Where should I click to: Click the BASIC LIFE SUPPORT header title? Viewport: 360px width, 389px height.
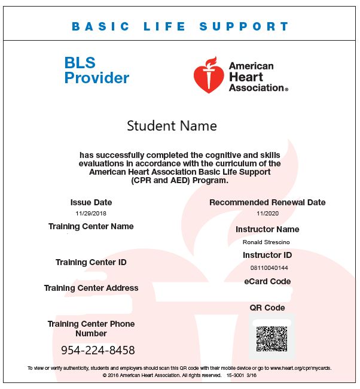pyautogui.click(x=180, y=27)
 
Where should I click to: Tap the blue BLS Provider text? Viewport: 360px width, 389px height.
pyautogui.click(x=96, y=71)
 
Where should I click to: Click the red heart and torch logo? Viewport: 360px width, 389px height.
pyautogui.click(x=208, y=75)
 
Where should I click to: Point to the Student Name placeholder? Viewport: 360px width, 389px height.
pyautogui.click(x=172, y=126)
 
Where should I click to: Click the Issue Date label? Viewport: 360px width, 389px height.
pyautogui.click(x=91, y=202)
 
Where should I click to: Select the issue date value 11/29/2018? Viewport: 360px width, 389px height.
pyautogui.click(x=91, y=213)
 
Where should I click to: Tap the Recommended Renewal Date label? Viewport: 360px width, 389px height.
pyautogui.click(x=267, y=202)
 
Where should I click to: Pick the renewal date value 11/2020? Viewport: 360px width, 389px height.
pyautogui.click(x=267, y=213)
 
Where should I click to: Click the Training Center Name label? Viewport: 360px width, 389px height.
pyautogui.click(x=91, y=226)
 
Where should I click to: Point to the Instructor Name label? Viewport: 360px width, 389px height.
pyautogui.click(x=267, y=229)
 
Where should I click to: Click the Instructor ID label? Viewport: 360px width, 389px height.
pyautogui.click(x=267, y=255)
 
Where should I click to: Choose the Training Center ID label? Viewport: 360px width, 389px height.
pyautogui.click(x=91, y=262)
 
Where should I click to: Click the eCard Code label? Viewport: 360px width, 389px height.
pyautogui.click(x=267, y=281)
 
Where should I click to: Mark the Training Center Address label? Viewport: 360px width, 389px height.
pyautogui.click(x=91, y=288)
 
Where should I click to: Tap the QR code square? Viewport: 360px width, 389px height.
pyautogui.click(x=271, y=338)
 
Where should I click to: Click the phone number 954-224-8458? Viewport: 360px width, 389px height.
pyautogui.click(x=98, y=350)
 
